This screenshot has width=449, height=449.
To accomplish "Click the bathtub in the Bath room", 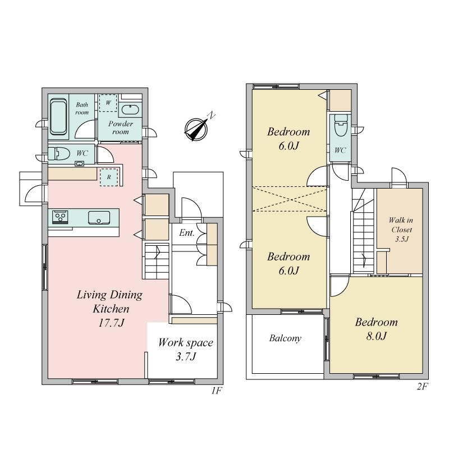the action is (58, 117).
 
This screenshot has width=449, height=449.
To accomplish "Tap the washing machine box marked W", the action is (108, 103).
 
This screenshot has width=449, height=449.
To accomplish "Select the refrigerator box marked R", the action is (108, 177).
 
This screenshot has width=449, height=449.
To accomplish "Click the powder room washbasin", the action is (130, 109).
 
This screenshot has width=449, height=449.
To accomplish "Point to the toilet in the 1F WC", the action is (59, 154).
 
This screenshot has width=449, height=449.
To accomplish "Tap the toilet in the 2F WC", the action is (341, 125).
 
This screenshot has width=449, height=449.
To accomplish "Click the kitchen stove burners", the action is (61, 217).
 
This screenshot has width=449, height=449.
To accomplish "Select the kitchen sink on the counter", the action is (99, 218).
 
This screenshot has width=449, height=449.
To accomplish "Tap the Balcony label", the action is (285, 338).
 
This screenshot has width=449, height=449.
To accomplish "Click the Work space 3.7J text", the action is (186, 349).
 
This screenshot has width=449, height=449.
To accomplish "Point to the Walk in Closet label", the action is (401, 230).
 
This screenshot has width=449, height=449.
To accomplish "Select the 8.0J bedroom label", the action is (376, 329).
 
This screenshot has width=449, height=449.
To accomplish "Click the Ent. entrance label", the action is (187, 233).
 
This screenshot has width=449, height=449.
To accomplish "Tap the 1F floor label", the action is (217, 390).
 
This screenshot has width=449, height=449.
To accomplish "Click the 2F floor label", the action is (422, 387).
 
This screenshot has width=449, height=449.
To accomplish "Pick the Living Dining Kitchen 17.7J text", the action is (109, 309).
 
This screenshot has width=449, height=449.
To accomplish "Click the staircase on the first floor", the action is (157, 261).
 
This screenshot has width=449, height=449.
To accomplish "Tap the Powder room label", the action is (120, 128).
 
